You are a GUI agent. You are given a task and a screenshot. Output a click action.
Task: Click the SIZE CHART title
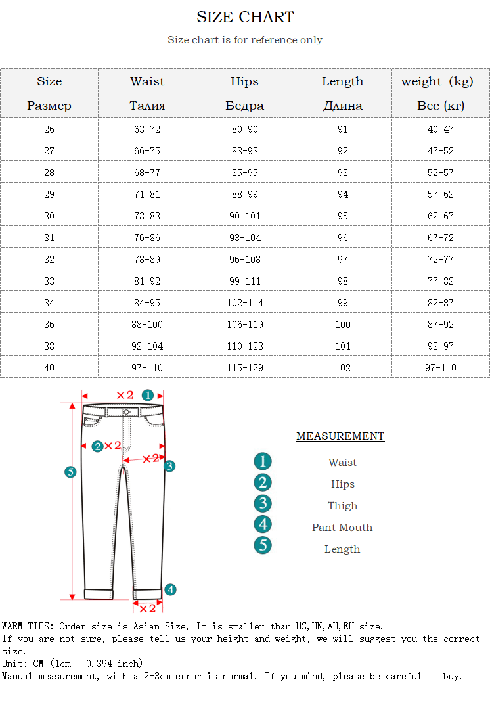tap(245, 17)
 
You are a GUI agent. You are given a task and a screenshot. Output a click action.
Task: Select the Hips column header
tap(244, 81)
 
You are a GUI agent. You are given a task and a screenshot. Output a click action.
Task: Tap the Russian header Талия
tap(147, 106)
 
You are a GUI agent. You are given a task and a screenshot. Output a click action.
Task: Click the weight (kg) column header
tap(437, 81)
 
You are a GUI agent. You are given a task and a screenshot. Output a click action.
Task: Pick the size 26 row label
tap(49, 129)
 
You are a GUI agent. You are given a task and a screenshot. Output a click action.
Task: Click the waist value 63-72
tap(147, 129)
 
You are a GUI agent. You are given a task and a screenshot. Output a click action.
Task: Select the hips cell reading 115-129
tap(244, 368)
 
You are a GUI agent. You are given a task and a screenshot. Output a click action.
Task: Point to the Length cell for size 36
tap(343, 325)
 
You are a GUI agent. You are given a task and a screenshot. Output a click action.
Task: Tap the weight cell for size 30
tap(441, 216)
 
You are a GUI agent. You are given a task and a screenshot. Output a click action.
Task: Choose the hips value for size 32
tap(244, 260)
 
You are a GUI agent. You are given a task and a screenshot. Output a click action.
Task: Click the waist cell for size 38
tap(147, 346)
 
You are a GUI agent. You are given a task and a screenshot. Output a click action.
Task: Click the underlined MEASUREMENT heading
tap(340, 436)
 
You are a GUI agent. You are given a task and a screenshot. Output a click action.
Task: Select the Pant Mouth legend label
tap(342, 528)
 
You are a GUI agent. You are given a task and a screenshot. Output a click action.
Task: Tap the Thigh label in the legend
tap(343, 506)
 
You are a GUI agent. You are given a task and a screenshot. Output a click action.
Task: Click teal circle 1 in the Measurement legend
tap(263, 461)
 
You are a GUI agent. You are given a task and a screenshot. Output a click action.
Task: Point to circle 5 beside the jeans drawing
tap(71, 471)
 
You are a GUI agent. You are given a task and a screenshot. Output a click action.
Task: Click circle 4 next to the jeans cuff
tap(170, 589)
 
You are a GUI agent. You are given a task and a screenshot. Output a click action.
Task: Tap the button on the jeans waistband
tap(127, 412)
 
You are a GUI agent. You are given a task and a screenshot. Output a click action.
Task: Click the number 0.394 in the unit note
tap(100, 664)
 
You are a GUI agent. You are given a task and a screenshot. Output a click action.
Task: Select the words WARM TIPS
tap(24, 627)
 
